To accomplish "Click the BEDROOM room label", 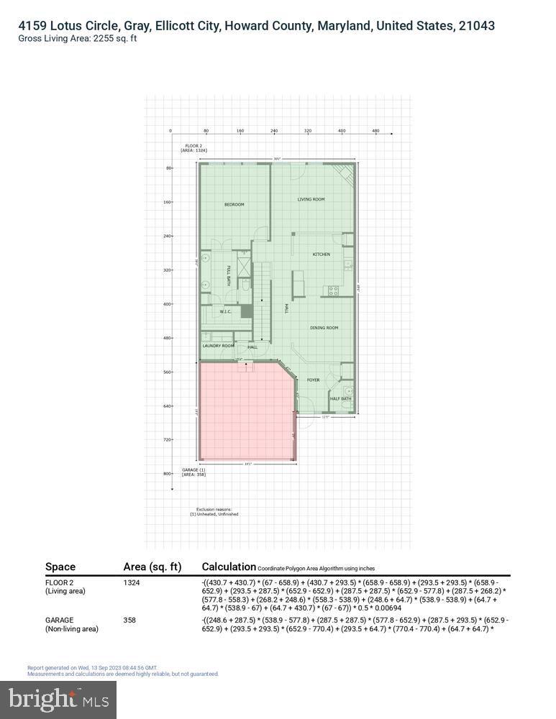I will tap(234, 205).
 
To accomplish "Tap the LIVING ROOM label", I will tap(311, 199).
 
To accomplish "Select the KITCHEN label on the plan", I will tap(321, 255).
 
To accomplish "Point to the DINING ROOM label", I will tap(324, 328).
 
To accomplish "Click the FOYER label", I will tap(313, 380).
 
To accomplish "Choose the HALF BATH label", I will tap(340, 398).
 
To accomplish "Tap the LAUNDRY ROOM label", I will tap(218, 346).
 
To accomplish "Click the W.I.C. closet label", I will tap(225, 311).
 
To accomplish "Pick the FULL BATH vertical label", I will tap(229, 276).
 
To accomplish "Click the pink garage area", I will tap(245, 413).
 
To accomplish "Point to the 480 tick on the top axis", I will tap(375, 131).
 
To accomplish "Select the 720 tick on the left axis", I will tap(167, 439).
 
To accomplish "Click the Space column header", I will tap(60, 567).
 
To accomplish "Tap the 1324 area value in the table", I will tap(132, 582).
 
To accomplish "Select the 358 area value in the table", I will tap(130, 620).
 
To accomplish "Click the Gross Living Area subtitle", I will tap(78, 39).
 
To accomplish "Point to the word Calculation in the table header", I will tap(229, 567).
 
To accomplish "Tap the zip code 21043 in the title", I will tap(475, 26).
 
